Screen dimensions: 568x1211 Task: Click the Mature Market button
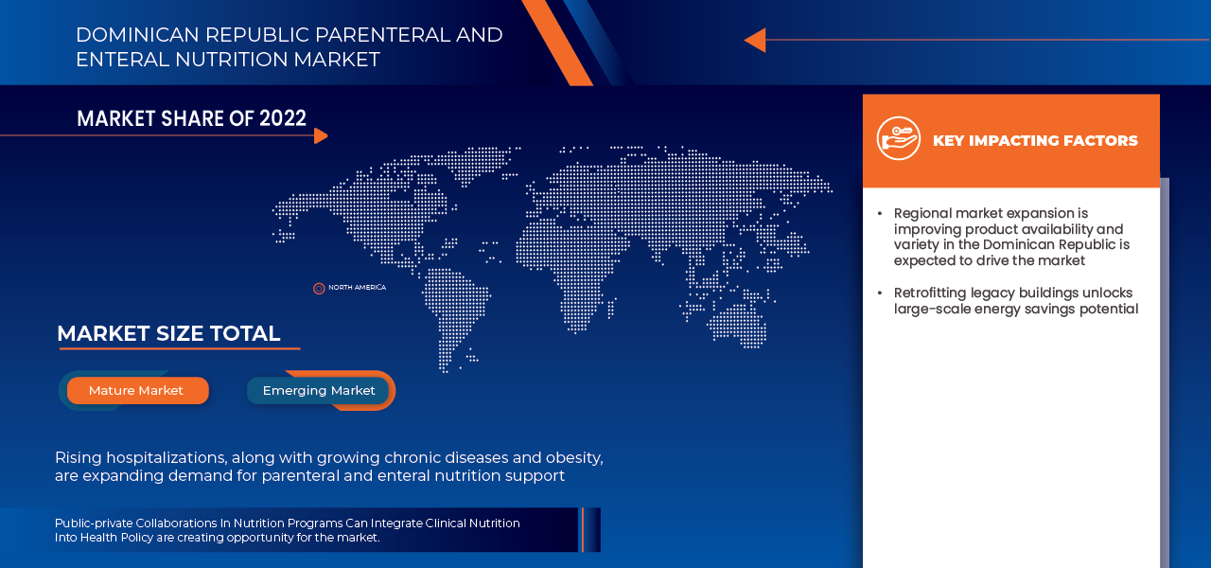136,390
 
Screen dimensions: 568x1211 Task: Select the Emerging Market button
319,390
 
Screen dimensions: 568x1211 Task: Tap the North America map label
357,288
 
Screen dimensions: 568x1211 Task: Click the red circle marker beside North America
319,289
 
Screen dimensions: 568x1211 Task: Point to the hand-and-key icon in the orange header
898,139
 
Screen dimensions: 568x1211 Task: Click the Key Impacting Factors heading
1035,140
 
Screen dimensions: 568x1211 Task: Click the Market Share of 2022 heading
191,118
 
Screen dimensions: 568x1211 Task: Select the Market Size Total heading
168,333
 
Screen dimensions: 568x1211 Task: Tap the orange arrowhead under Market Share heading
321,135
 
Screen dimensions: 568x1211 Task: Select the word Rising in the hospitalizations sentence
78,457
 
